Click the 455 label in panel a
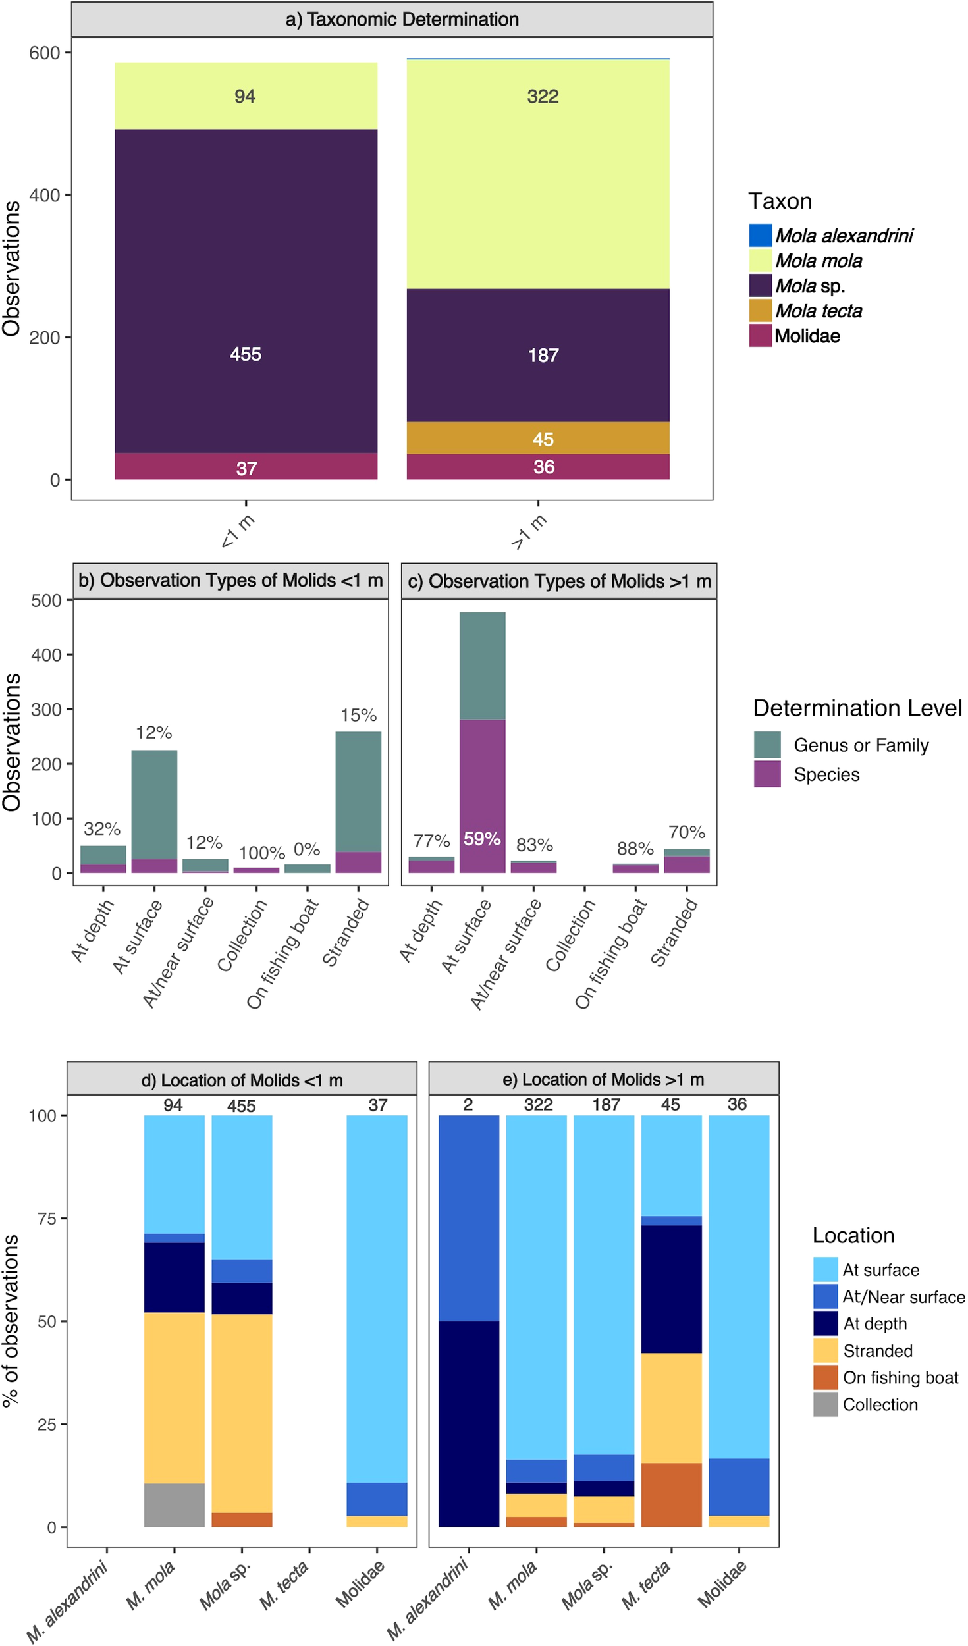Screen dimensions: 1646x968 click(246, 354)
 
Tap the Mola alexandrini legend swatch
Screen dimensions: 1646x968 click(760, 236)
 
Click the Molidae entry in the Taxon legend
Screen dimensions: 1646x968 click(807, 336)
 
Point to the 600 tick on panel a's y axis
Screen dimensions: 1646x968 click(45, 53)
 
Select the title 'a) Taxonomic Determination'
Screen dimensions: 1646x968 click(402, 20)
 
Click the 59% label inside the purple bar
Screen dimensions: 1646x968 click(482, 839)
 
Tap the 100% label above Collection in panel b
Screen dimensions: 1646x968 click(261, 853)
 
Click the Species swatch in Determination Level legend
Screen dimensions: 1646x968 click(767, 774)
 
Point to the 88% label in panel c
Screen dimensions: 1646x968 click(635, 849)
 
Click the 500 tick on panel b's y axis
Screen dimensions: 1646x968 click(46, 600)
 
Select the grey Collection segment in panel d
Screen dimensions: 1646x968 click(175, 1504)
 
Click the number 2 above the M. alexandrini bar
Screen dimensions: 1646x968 click(468, 1105)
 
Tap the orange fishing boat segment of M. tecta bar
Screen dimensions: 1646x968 click(671, 1495)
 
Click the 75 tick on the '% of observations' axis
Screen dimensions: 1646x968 click(47, 1219)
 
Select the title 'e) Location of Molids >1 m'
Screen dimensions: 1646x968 click(603, 1080)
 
